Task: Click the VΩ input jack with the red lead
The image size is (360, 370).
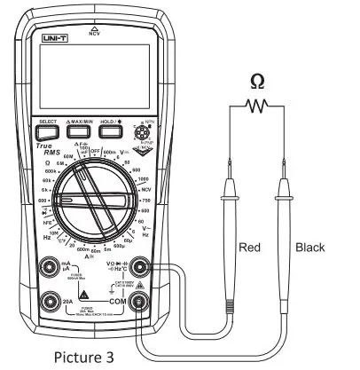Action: (x=138, y=267)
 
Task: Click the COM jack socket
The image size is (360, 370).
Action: (x=138, y=303)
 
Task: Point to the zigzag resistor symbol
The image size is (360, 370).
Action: (x=257, y=106)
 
